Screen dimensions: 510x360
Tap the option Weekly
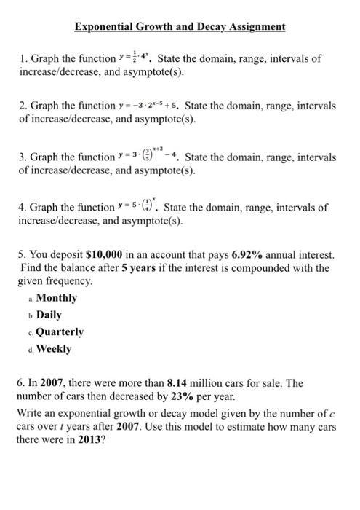click(54, 348)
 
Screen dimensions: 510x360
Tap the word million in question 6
click(212, 382)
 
